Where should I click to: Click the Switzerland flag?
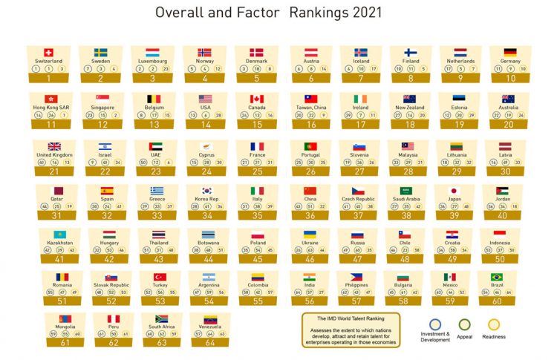click(x=49, y=52)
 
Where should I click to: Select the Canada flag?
click(x=257, y=99)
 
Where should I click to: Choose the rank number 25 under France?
click(x=257, y=171)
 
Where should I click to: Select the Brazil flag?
click(x=496, y=277)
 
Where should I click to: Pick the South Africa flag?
click(x=161, y=318)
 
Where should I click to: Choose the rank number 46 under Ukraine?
click(x=309, y=260)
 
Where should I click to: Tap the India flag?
click(x=309, y=277)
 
